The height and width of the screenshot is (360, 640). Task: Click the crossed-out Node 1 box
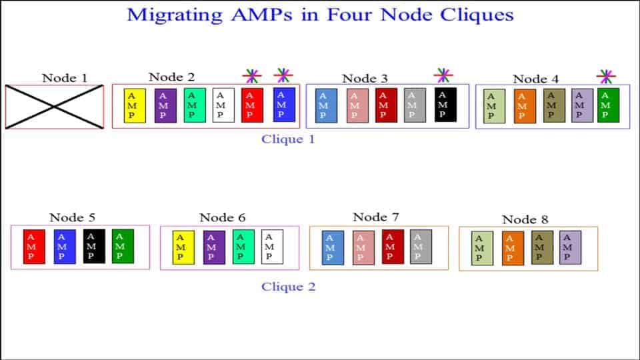coord(55,107)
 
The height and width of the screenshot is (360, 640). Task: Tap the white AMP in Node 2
coord(223,105)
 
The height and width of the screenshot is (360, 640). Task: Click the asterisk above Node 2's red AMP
coord(251,76)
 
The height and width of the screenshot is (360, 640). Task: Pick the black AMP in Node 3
coord(445,105)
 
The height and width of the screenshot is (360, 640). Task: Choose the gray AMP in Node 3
coord(415,105)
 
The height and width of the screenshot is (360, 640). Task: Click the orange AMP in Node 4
coord(525,107)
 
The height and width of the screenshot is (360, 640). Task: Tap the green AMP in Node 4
coord(608,105)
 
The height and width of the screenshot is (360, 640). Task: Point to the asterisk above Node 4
coord(605,76)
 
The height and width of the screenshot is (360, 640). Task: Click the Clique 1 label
coord(288,139)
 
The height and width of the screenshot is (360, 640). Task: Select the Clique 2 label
coord(288,287)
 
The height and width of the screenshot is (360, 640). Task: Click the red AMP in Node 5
coord(34,247)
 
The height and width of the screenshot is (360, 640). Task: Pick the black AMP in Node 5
coord(94,246)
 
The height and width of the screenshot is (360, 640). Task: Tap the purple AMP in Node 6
coord(214,247)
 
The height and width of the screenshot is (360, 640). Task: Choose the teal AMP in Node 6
coord(243,247)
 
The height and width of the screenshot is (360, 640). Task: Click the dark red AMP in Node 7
coord(393,247)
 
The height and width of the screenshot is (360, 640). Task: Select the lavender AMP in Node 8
coord(570,247)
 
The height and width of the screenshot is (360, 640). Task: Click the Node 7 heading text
coord(375,217)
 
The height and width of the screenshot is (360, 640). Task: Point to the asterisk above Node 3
coord(443,76)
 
